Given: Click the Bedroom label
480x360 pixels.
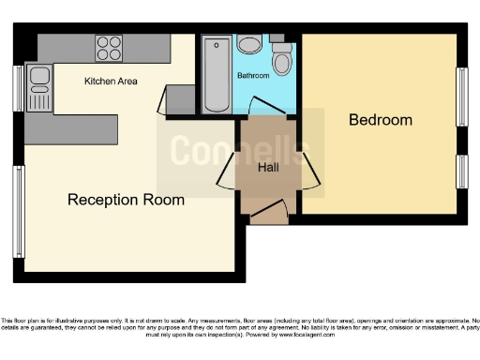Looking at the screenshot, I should [381, 120].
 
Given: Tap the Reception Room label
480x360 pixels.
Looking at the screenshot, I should [125, 200].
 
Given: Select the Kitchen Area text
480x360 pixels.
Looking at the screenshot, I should [111, 82].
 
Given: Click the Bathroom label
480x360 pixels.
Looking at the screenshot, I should [253, 75].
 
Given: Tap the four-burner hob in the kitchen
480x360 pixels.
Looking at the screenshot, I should [109, 47].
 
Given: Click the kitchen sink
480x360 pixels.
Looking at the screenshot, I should [39, 86].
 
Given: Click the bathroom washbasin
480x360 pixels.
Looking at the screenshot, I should [249, 44].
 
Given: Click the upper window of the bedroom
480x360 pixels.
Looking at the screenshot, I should [461, 95].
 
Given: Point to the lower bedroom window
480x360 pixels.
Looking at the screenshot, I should [461, 171].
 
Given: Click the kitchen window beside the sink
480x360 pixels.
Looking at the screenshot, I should [18, 87].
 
